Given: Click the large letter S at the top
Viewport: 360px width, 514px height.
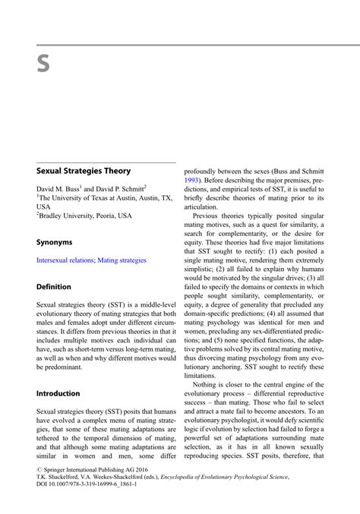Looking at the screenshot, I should click(x=43, y=65).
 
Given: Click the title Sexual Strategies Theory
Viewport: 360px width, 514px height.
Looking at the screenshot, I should click(x=84, y=172).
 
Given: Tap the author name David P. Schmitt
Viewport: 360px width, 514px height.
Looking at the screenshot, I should click(x=120, y=188).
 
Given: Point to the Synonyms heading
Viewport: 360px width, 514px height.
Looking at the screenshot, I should click(x=55, y=242).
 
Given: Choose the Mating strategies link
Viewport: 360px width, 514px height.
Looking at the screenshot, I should click(x=122, y=260).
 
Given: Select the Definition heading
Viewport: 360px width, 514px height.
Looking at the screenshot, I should click(x=54, y=287).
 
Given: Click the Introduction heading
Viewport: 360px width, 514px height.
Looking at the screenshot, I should click(x=58, y=393).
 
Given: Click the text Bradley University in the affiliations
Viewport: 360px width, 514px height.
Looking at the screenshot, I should click(x=68, y=216).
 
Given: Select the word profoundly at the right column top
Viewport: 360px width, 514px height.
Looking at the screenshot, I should click(x=204, y=172).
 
